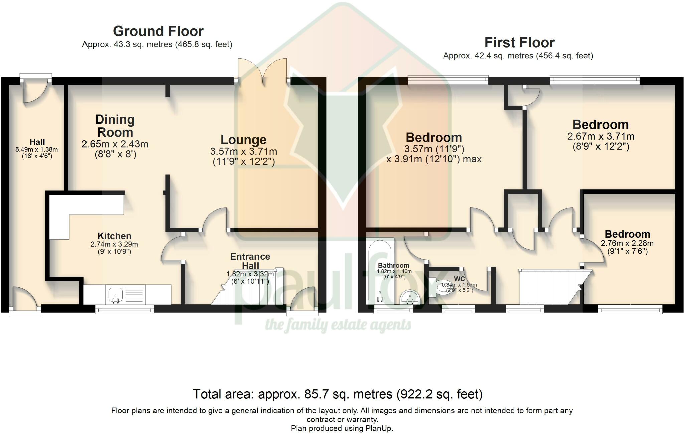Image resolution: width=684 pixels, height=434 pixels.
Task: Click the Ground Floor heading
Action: [x=158, y=31]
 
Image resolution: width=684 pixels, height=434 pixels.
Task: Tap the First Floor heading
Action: [x=519, y=43]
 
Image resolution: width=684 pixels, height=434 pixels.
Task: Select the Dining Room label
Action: [x=115, y=126]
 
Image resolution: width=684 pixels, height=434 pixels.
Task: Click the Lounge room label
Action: [x=243, y=140]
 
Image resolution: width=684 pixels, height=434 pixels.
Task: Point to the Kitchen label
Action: [x=114, y=236]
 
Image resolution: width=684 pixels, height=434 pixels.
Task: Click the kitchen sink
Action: [x=116, y=295]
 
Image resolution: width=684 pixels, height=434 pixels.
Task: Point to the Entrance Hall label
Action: [x=250, y=261]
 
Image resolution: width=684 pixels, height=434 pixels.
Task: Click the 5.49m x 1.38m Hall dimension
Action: [x=37, y=150]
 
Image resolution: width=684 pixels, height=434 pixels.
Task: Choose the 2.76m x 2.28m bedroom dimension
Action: [x=627, y=243]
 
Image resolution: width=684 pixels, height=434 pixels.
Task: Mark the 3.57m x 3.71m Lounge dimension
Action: [x=243, y=151]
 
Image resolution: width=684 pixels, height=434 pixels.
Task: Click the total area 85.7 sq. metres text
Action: [x=338, y=394]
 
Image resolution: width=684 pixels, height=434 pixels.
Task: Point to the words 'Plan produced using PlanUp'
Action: [x=342, y=428]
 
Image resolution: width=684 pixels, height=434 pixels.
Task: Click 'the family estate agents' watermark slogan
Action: [x=338, y=325]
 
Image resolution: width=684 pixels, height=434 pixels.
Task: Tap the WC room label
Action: [x=459, y=279]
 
